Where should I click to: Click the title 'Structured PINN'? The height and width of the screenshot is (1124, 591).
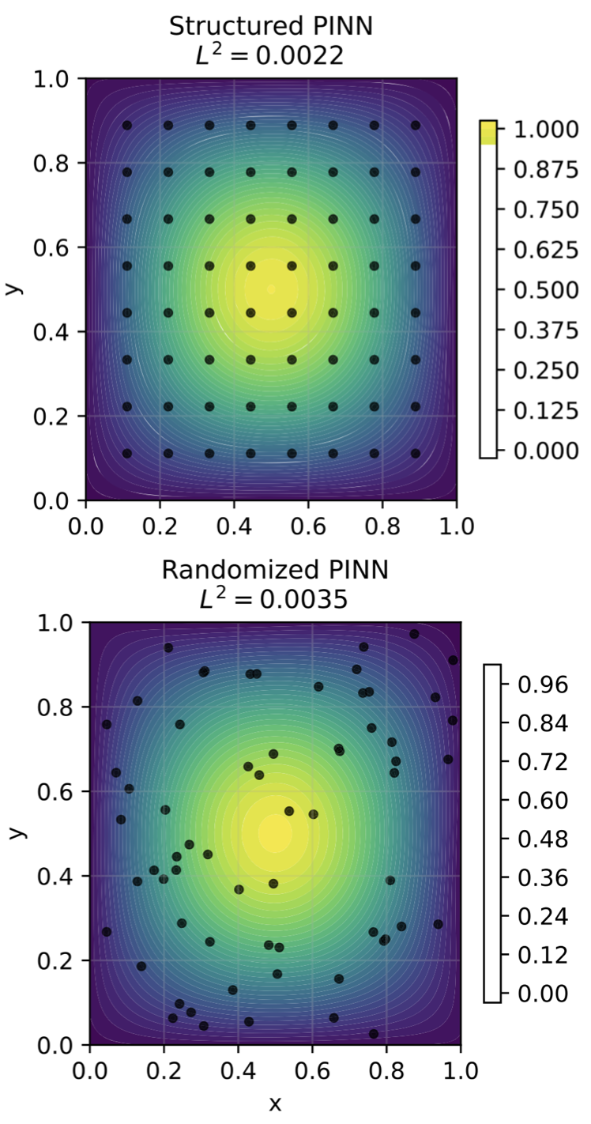[271, 26]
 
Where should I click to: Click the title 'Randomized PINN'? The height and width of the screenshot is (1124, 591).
[275, 570]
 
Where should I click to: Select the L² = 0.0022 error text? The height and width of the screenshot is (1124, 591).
[270, 55]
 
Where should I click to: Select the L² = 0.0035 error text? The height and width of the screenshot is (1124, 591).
[273, 598]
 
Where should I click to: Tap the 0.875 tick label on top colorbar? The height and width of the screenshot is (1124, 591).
[546, 170]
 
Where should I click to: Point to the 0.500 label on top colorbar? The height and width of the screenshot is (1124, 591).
[546, 290]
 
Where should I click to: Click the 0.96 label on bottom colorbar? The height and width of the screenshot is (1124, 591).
[543, 685]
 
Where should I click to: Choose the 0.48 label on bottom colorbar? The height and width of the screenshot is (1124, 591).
[543, 839]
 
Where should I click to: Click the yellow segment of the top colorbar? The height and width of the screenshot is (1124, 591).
[488, 133]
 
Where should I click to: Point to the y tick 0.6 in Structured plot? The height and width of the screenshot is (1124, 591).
[50, 248]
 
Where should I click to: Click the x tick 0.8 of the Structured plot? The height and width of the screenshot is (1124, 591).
[382, 526]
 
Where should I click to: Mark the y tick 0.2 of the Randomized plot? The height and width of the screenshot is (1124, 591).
[55, 960]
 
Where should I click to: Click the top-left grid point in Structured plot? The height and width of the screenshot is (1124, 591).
[127, 126]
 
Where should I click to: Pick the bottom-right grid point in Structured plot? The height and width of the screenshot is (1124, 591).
[416, 454]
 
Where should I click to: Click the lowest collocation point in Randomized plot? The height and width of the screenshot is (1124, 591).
[373, 1034]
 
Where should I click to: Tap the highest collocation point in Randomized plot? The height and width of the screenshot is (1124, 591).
[414, 634]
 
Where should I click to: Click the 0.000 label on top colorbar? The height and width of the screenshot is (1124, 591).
[546, 451]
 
